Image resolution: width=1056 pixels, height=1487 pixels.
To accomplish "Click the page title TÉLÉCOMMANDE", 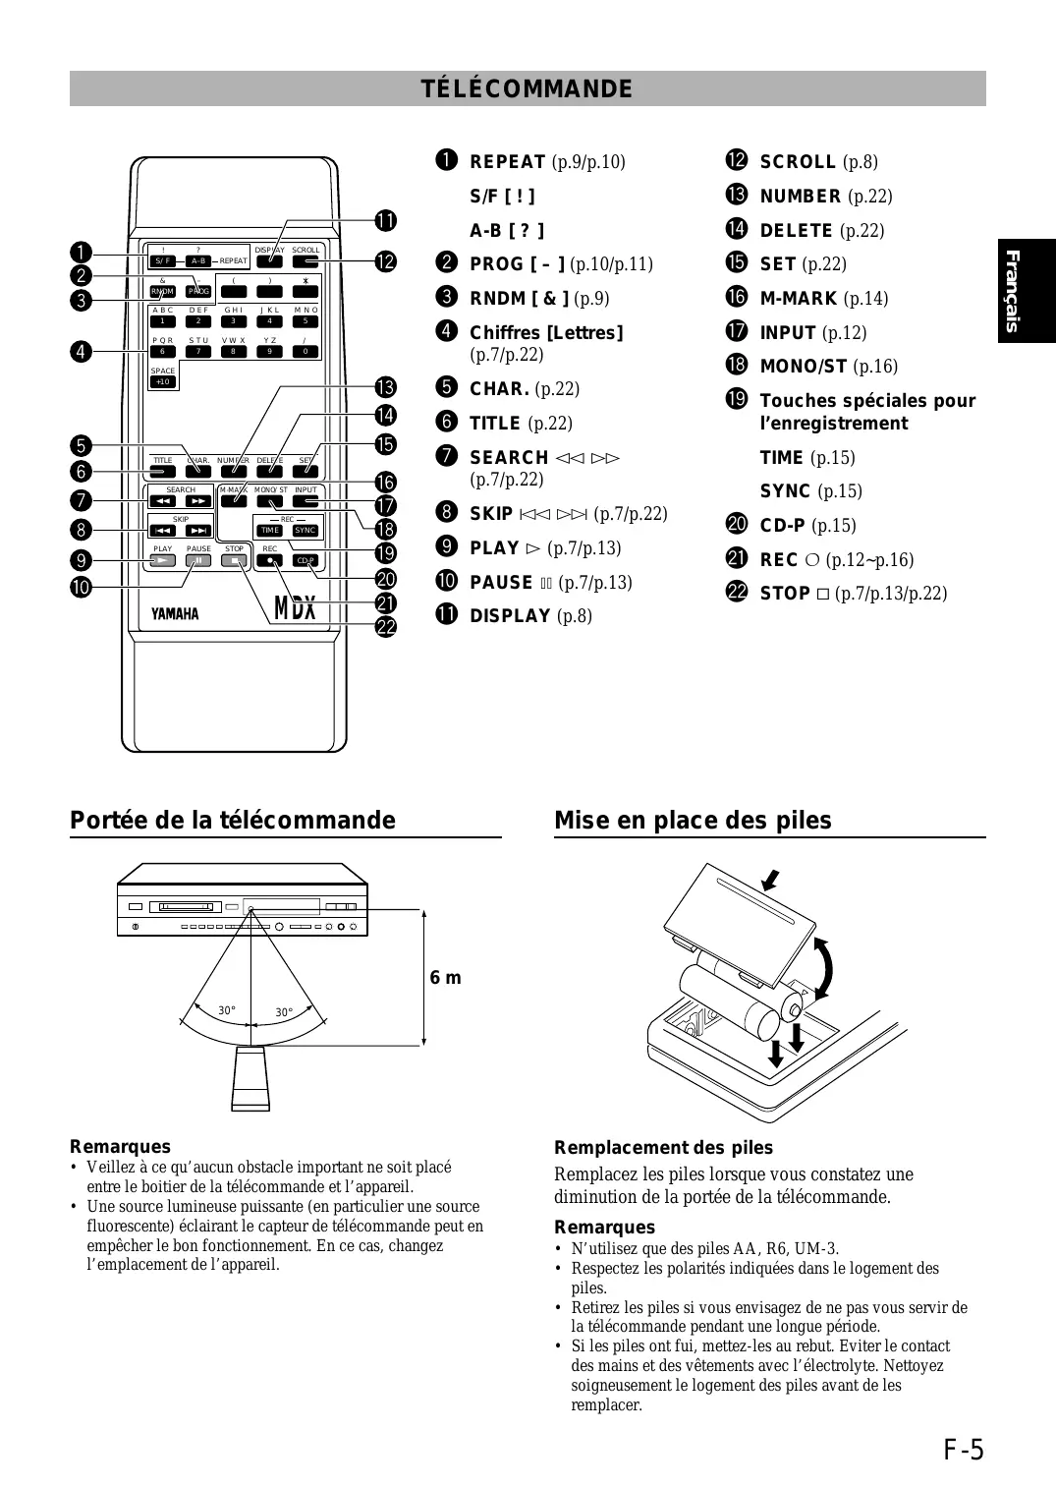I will tap(528, 88).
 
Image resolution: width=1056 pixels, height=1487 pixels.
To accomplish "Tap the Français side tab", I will tap(1026, 291).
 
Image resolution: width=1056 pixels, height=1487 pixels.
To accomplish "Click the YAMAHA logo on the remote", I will tap(175, 613).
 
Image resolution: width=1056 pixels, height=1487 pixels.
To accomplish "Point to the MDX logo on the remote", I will tap(296, 608).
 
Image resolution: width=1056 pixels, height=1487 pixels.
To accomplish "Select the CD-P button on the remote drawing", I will tap(306, 561).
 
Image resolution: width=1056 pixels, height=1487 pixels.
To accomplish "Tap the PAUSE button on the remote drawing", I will tap(198, 561).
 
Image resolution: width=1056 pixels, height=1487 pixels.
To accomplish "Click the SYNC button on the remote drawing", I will tap(306, 531).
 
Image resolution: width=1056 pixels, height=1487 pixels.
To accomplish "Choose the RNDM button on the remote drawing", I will tap(162, 292).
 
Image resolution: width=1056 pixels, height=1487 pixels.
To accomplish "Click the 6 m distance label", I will tap(445, 978).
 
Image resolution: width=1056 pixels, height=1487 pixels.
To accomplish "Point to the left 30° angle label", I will tap(226, 1010).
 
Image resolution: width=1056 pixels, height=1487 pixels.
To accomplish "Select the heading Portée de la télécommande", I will tap(233, 821).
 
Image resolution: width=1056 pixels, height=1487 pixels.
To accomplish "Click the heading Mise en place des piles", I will tap(693, 821).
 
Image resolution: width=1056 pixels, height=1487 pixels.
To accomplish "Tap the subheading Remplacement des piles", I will tap(663, 1148).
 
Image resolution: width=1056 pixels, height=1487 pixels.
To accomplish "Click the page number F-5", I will tap(964, 1450).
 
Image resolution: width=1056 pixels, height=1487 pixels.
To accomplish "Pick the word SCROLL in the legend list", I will tap(798, 162).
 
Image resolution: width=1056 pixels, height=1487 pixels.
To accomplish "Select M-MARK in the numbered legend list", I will tap(799, 299).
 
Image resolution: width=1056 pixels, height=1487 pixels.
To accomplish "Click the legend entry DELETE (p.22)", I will tap(821, 231).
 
